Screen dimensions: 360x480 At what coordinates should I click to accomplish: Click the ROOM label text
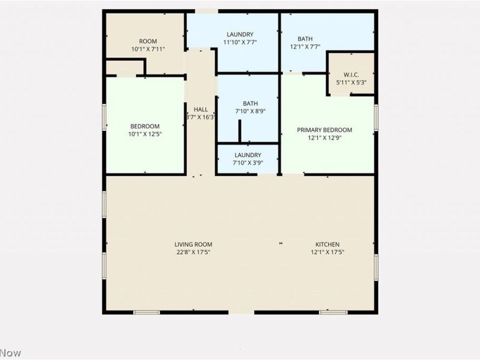click(145, 41)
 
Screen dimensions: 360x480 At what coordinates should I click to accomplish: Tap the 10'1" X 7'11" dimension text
click(145, 49)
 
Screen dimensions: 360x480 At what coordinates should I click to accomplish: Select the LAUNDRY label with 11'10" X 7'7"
click(240, 34)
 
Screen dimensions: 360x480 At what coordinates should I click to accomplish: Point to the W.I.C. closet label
click(352, 75)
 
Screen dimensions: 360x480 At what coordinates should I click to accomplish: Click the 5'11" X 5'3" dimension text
click(352, 82)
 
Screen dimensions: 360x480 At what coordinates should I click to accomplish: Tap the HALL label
click(200, 110)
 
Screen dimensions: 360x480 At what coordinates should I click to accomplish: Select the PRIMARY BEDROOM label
click(325, 130)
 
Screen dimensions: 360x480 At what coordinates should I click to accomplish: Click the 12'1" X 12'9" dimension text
click(325, 138)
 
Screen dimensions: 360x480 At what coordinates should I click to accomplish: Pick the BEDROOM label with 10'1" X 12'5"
click(145, 126)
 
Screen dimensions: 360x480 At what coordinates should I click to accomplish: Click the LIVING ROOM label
click(193, 245)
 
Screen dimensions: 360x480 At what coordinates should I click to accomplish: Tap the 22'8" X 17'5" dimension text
click(193, 253)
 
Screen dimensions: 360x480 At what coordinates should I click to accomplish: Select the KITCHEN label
click(328, 245)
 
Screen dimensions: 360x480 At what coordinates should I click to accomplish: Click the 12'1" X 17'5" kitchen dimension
click(328, 253)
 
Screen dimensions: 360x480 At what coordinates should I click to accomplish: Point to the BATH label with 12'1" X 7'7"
click(305, 39)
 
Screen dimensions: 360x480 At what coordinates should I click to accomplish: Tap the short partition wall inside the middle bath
click(239, 131)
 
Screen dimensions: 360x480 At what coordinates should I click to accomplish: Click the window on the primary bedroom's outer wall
click(376, 117)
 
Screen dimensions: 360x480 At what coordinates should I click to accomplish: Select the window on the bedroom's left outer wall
click(104, 117)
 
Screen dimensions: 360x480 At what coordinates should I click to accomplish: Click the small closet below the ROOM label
click(125, 67)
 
